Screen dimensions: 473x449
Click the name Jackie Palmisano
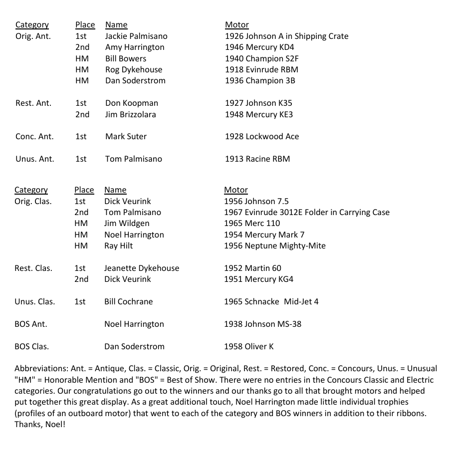136,36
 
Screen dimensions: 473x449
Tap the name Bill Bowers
126,58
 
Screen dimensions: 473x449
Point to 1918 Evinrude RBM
261,69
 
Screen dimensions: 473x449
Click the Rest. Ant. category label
33,103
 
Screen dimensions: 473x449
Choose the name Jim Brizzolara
130,114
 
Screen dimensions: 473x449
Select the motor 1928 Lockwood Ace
262,136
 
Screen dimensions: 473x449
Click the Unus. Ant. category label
34,159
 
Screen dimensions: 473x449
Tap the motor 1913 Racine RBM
257,159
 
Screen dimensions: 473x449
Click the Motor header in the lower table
236,190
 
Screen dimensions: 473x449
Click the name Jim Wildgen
127,223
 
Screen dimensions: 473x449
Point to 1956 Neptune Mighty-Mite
275,245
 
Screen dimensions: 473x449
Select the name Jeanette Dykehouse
142,268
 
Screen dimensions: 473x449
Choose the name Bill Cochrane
129,301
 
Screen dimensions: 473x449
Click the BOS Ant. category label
31,324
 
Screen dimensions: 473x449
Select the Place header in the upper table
85,24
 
